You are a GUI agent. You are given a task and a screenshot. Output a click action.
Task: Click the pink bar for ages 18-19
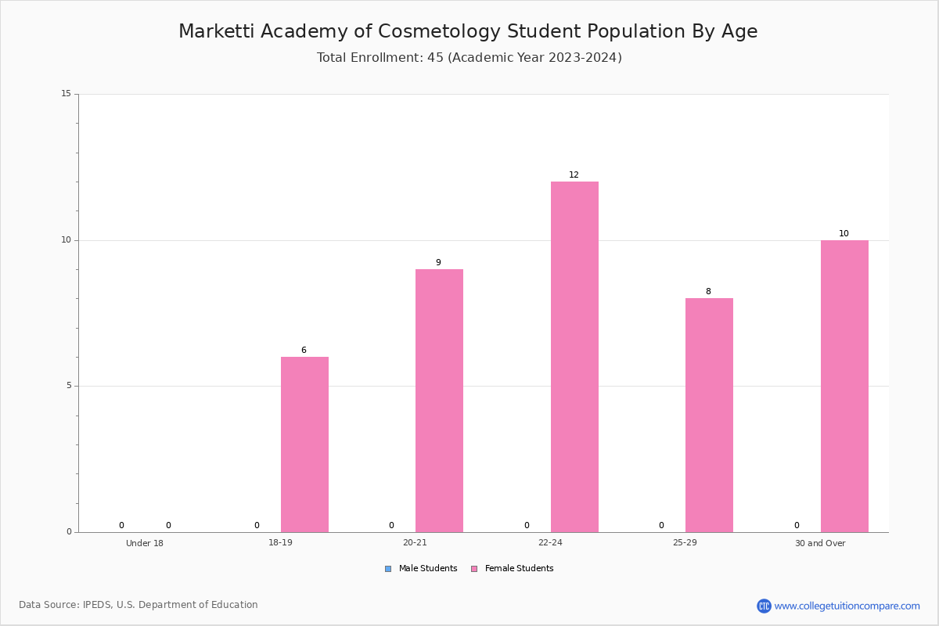point(304,444)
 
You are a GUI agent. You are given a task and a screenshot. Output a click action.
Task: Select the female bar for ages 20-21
point(439,401)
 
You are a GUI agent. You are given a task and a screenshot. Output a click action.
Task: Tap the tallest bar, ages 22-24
point(574,357)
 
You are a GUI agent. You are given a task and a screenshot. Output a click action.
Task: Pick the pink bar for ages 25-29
point(709,415)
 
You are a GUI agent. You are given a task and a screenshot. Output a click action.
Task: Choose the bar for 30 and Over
point(844,387)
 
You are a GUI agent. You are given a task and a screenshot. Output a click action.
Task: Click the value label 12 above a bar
point(574,174)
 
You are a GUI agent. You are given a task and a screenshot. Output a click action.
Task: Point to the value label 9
point(438,262)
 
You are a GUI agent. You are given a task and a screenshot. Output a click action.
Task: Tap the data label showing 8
point(708,291)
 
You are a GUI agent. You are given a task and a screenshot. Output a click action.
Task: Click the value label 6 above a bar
point(304,350)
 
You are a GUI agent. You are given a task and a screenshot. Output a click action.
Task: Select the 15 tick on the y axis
point(67,93)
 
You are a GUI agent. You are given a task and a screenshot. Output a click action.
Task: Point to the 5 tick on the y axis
point(69,386)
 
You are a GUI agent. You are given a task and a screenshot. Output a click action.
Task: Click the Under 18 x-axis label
point(145,543)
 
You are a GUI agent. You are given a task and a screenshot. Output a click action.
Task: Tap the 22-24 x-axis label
point(550,542)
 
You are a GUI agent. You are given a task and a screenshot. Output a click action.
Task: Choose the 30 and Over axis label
point(820,543)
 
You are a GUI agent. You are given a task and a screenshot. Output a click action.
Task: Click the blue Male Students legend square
point(388,569)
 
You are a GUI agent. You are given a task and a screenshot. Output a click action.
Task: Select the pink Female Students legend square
point(474,569)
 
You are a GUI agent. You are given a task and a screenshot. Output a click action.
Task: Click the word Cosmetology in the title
point(439,31)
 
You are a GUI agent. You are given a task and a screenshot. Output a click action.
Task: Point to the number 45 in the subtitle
point(435,57)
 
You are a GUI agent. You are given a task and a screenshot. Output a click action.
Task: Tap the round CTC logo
point(764,606)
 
